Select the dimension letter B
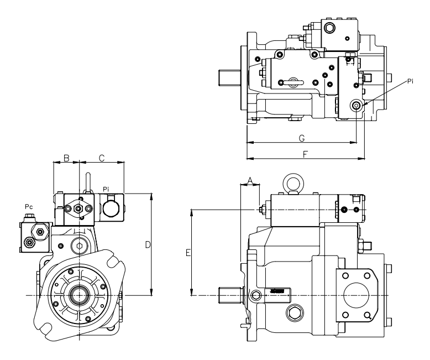pyautogui.click(x=66, y=158)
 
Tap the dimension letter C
pyautogui.click(x=102, y=158)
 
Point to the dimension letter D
pyautogui.click(x=148, y=244)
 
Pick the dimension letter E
pyautogui.click(x=188, y=253)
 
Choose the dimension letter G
pyautogui.click(x=301, y=137)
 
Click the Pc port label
pyautogui.click(x=29, y=206)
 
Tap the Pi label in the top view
pyautogui.click(x=410, y=81)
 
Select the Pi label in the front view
pyautogui.click(x=106, y=190)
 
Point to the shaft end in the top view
pyautogui.click(x=228, y=77)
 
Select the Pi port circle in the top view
pyautogui.click(x=356, y=105)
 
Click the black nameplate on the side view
pyautogui.click(x=277, y=291)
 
